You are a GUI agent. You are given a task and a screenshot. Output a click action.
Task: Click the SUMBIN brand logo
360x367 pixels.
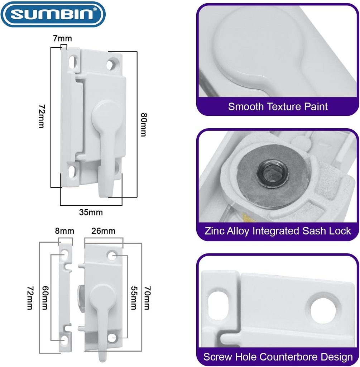point(53,15)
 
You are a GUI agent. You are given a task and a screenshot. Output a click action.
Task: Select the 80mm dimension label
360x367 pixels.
point(143,125)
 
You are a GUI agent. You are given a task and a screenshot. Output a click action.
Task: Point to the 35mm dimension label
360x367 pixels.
point(91,212)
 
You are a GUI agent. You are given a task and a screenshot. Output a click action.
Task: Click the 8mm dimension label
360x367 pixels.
point(64,231)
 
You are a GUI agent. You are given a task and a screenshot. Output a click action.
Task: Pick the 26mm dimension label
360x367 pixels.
point(104,231)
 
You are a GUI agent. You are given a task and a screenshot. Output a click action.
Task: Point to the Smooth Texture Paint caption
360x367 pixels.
point(278,106)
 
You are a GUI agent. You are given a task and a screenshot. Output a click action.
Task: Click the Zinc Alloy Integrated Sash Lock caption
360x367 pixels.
point(278,230)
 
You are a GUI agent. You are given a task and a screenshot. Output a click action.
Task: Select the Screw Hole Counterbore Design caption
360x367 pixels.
point(278,357)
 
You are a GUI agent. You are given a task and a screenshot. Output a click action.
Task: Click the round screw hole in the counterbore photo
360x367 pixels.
point(323,308)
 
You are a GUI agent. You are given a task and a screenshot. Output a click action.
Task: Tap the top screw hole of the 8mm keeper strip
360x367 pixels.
point(65,255)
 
